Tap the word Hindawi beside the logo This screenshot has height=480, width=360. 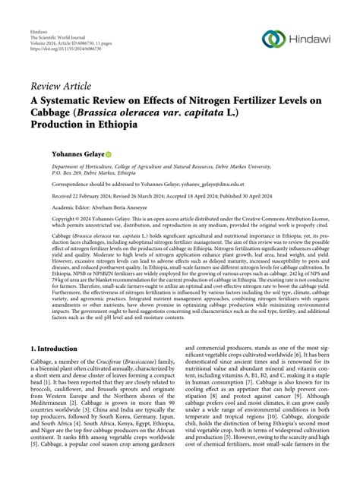click(312, 39)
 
